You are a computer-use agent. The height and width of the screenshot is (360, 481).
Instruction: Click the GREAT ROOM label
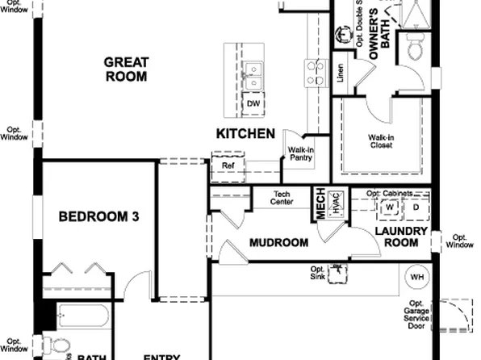click(125, 69)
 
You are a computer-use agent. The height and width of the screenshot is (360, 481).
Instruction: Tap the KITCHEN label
click(245, 133)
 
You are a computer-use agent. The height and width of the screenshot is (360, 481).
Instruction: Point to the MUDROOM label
click(278, 242)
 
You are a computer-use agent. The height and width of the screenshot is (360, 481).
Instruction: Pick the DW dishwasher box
click(253, 104)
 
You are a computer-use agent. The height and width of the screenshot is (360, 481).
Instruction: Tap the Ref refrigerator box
click(228, 165)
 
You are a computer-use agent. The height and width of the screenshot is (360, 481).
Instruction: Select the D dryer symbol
click(416, 207)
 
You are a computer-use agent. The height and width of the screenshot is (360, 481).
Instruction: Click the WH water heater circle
click(417, 277)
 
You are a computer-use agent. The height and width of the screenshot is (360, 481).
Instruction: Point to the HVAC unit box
click(337, 202)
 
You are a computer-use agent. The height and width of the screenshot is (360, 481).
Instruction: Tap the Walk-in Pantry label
click(301, 153)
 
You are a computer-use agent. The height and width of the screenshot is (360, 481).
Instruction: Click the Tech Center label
click(282, 198)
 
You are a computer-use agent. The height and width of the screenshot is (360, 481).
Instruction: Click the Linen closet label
click(341, 73)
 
